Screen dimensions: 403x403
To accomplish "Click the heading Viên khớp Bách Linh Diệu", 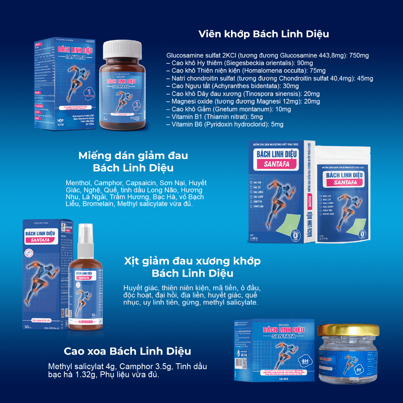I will tap(263, 34).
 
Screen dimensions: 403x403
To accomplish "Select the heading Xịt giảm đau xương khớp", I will tap(192, 261).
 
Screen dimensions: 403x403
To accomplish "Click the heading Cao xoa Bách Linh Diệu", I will tap(128, 351).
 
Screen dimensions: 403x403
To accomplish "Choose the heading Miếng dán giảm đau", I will tap(133, 155).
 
